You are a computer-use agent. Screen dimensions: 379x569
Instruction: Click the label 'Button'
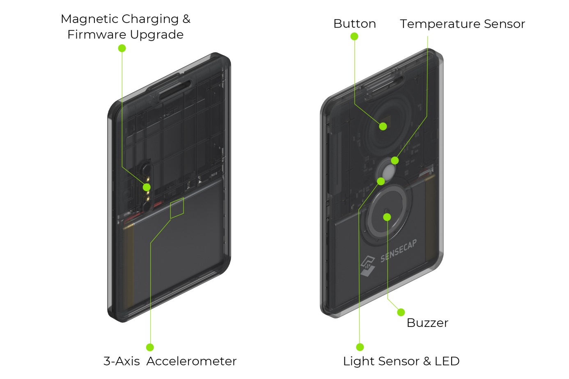pos(354,24)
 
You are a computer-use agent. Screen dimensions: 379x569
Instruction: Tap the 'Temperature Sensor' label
pos(462,24)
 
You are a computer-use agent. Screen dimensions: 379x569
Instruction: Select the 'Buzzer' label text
pos(427,323)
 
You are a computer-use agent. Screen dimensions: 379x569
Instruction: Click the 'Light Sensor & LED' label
pos(401,361)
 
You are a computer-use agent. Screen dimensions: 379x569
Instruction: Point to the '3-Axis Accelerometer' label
pos(170,361)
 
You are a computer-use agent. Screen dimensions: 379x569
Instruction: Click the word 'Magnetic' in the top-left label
pos(89,19)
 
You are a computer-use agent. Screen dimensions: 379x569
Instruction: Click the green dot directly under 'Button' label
pos(354,37)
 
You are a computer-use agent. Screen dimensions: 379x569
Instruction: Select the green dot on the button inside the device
pos(383,126)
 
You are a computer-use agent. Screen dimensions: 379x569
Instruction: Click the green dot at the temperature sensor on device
pos(395,160)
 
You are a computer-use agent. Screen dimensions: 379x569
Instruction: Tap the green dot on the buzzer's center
pos(387,217)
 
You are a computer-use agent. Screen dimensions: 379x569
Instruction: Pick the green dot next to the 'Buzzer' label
pos(401,312)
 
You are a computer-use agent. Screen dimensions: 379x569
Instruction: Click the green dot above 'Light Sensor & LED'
pos(360,347)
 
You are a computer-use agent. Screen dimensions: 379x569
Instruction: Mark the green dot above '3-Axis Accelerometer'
pos(150,347)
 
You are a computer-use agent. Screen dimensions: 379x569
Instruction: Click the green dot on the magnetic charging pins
pos(147,187)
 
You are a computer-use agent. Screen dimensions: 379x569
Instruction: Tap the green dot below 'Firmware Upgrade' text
pos(122,48)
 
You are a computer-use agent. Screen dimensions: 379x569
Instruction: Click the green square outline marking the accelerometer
pos(177,208)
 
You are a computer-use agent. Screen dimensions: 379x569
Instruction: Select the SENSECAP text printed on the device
pos(398,251)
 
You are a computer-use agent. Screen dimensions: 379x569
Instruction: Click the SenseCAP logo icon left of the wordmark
pos(368,266)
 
